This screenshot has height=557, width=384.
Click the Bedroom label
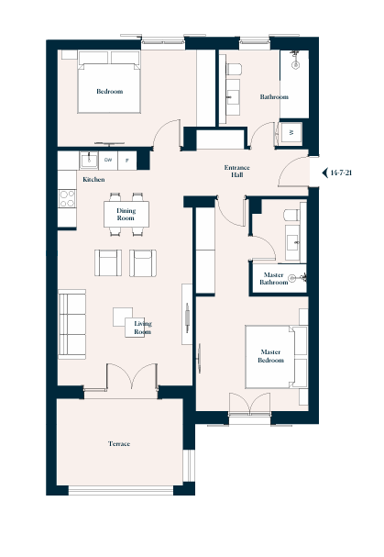pyautogui.click(x=110, y=91)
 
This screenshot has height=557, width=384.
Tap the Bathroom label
pyautogui.click(x=274, y=96)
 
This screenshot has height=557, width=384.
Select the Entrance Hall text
pyautogui.click(x=237, y=171)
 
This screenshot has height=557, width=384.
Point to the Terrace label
pyautogui.click(x=119, y=444)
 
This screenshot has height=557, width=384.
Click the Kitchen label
pyautogui.click(x=93, y=179)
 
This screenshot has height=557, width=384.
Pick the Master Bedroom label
pyautogui.click(x=270, y=356)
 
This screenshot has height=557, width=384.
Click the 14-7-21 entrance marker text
pyautogui.click(x=341, y=173)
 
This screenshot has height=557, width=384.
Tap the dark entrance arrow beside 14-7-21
pyautogui.click(x=324, y=173)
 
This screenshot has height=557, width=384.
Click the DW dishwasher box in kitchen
pyautogui.click(x=108, y=161)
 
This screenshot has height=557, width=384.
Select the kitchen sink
pyautogui.click(x=89, y=161)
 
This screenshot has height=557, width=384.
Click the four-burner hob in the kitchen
pyautogui.click(x=67, y=198)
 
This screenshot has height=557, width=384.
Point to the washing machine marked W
pyautogui.click(x=291, y=133)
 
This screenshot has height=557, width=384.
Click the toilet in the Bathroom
pyautogui.click(x=234, y=69)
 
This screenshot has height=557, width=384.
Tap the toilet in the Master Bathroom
pyautogui.click(x=291, y=215)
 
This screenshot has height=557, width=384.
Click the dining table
pyautogui.click(x=126, y=214)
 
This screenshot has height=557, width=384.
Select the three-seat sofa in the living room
pyautogui.click(x=72, y=324)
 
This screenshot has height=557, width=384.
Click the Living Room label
pyautogui.click(x=143, y=328)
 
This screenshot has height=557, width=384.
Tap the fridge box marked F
pyautogui.click(x=127, y=161)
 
